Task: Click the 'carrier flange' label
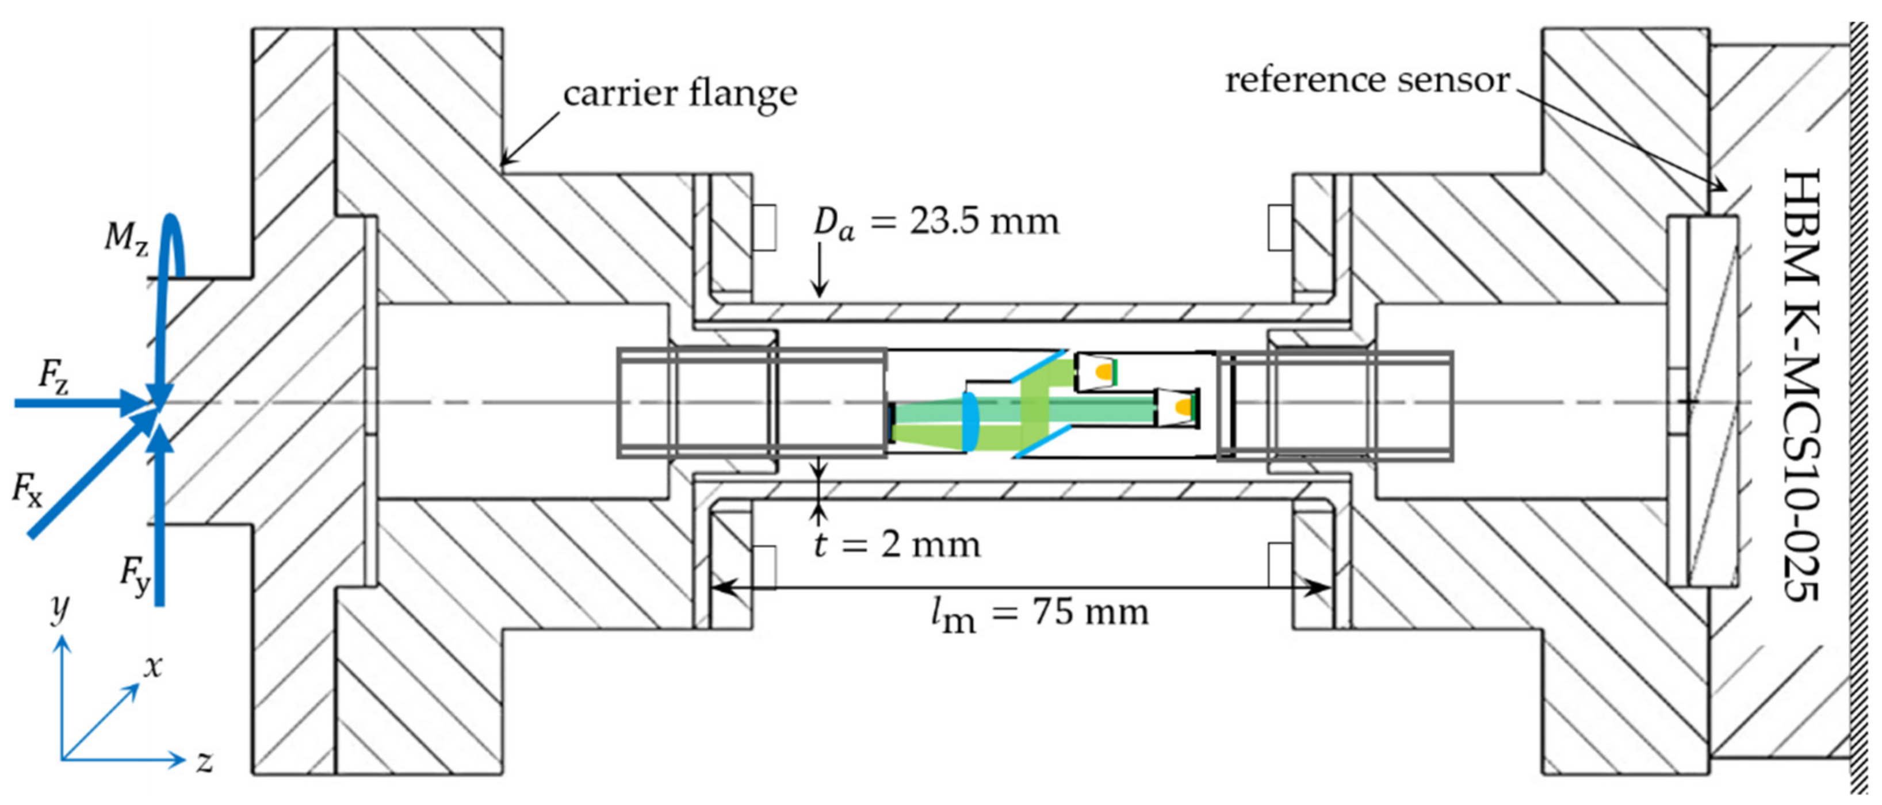pyautogui.click(x=679, y=94)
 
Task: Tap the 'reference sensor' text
pyautogui.click(x=1366, y=80)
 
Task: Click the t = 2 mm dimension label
pyautogui.click(x=897, y=545)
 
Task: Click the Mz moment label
pyautogui.click(x=125, y=238)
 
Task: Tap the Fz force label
pyautogui.click(x=52, y=378)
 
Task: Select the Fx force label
pyautogui.click(x=27, y=488)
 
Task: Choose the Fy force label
pyautogui.click(x=135, y=576)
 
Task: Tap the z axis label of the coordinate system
pyautogui.click(x=205, y=762)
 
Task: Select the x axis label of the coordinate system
pyautogui.click(x=152, y=666)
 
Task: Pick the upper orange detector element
pyautogui.click(x=1104, y=371)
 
